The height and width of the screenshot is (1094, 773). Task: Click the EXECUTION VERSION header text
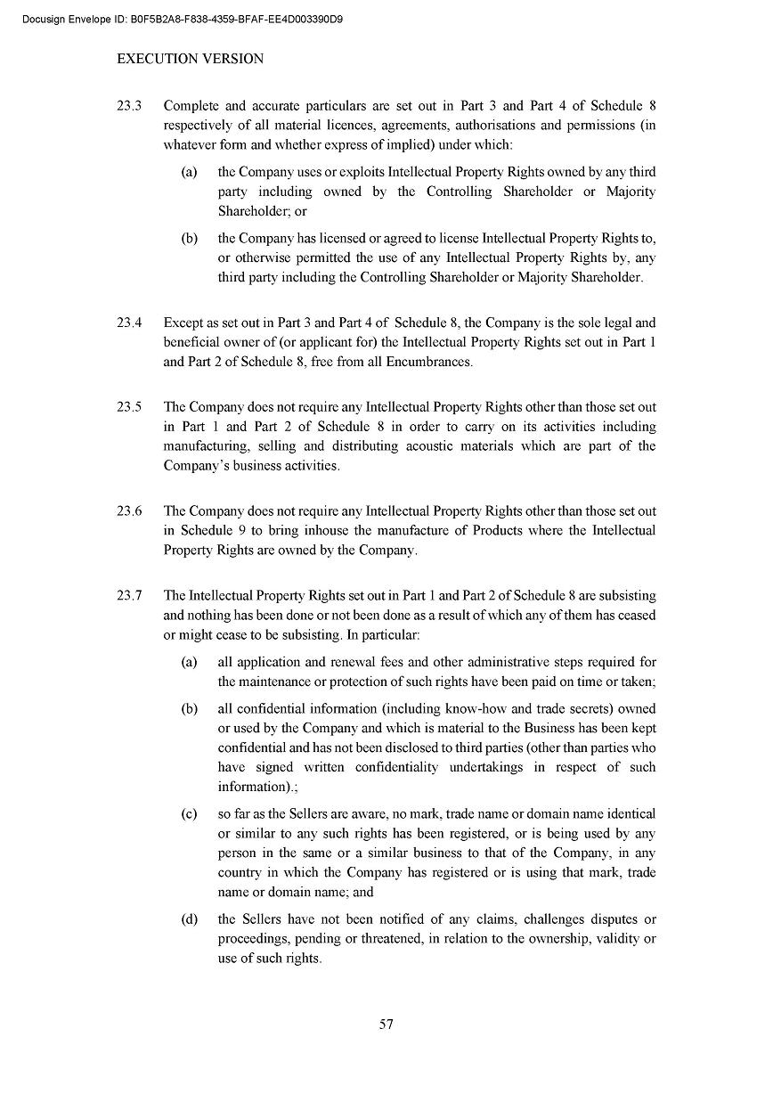tap(190, 59)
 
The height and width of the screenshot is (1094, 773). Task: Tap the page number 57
tap(386, 1024)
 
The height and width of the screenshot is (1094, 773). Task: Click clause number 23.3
tap(130, 105)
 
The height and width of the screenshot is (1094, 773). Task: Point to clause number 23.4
tap(130, 322)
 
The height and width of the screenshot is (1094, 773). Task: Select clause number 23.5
tap(130, 407)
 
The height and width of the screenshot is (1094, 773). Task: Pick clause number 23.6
tap(130, 510)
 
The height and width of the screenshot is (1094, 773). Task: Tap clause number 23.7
tap(130, 595)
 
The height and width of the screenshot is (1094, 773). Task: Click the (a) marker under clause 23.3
tap(189, 172)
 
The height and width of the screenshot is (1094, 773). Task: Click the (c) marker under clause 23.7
tap(189, 813)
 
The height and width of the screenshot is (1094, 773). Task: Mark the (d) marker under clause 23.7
tap(189, 918)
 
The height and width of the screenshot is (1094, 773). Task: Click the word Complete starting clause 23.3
tap(192, 105)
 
